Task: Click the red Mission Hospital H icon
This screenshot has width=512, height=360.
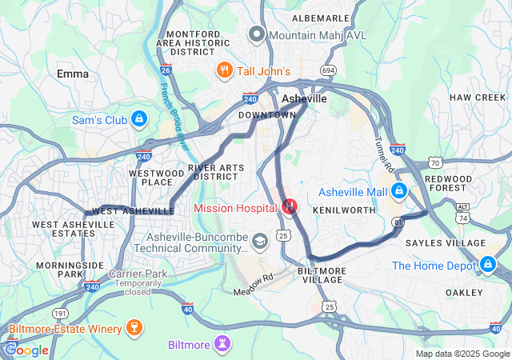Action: [289, 207]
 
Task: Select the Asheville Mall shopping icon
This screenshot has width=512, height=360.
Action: [398, 191]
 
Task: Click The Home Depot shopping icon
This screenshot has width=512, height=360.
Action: [487, 263]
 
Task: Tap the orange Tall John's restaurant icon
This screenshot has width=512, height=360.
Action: [224, 71]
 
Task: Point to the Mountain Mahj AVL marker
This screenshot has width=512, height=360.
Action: [256, 34]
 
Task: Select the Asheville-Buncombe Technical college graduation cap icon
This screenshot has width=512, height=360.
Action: [259, 241]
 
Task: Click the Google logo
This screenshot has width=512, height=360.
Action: [26, 350]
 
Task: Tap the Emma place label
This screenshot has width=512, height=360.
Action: [73, 74]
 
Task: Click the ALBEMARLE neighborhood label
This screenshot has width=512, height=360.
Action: [321, 18]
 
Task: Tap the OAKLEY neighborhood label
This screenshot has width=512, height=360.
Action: [464, 292]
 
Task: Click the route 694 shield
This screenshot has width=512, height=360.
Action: [327, 71]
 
